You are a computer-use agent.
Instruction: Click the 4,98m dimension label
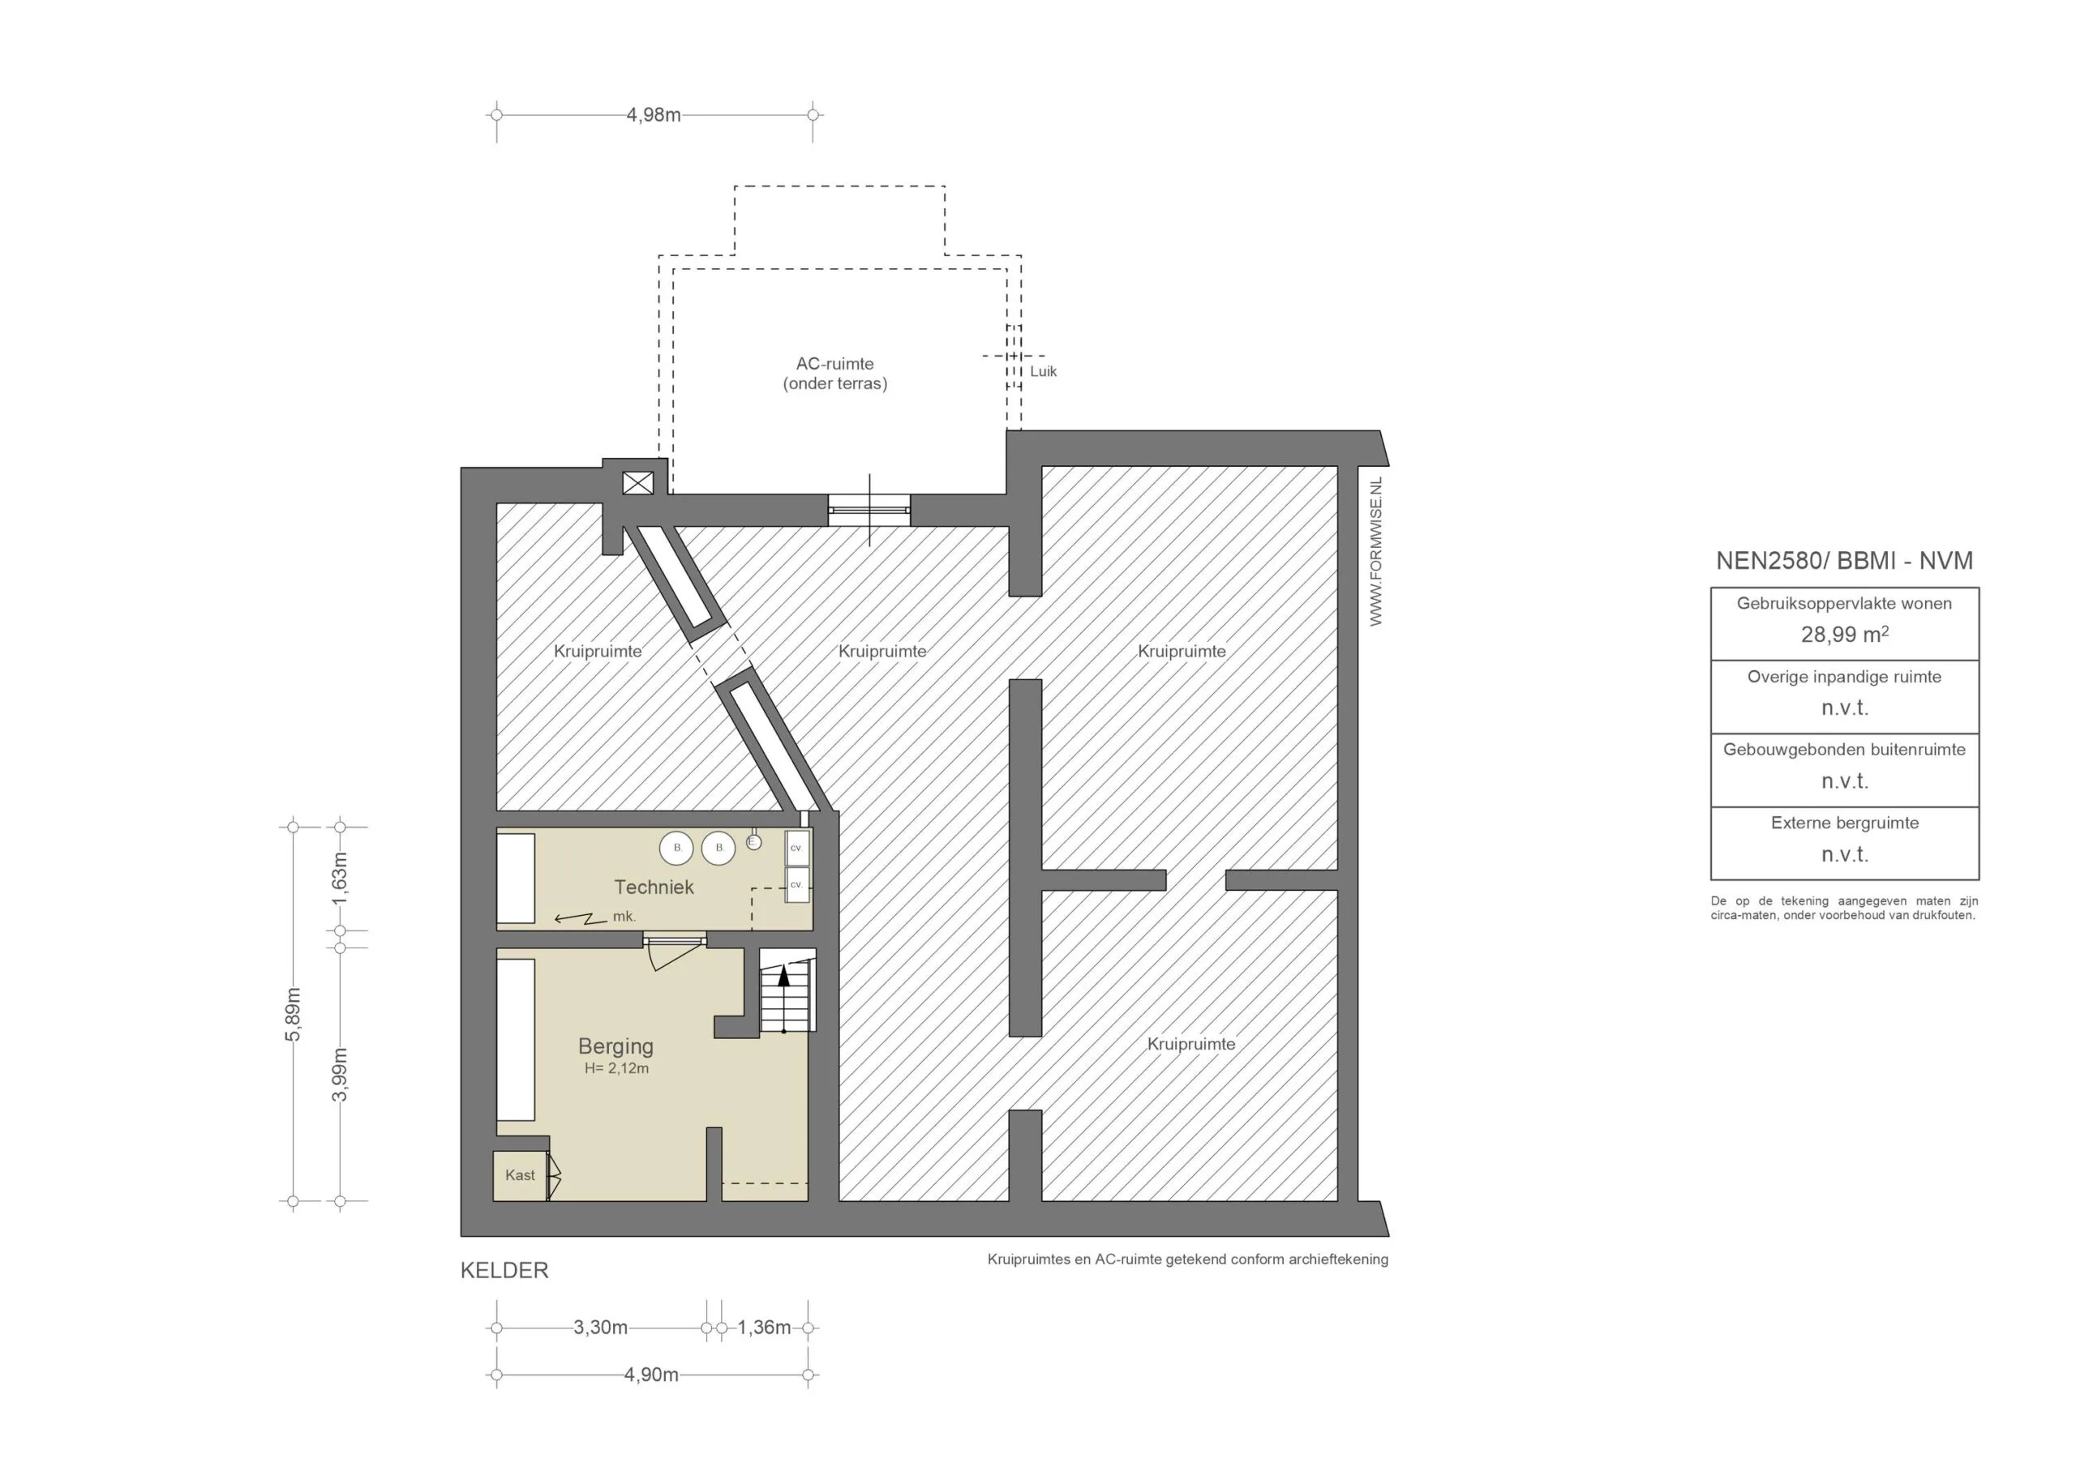point(653,115)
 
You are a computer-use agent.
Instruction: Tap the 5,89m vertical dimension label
point(293,1014)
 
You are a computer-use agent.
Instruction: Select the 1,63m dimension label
point(340,878)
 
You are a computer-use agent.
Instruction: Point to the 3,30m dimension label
point(600,1327)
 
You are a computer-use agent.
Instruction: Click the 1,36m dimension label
point(764,1327)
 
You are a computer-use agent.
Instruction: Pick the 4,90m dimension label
point(651,1375)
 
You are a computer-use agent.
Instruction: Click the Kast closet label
point(520,1175)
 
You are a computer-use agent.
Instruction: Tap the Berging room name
point(616,1046)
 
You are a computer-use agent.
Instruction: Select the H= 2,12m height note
point(616,1068)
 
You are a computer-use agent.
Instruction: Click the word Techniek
point(654,887)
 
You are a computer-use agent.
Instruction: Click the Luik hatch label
point(1044,371)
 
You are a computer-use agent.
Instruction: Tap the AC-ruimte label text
point(834,363)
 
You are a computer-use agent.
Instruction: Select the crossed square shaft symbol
point(637,484)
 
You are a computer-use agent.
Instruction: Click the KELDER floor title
point(504,1270)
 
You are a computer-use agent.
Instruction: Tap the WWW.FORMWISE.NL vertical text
point(1376,551)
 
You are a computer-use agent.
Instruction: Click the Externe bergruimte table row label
point(1845,823)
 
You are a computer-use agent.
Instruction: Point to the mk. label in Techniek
point(624,916)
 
